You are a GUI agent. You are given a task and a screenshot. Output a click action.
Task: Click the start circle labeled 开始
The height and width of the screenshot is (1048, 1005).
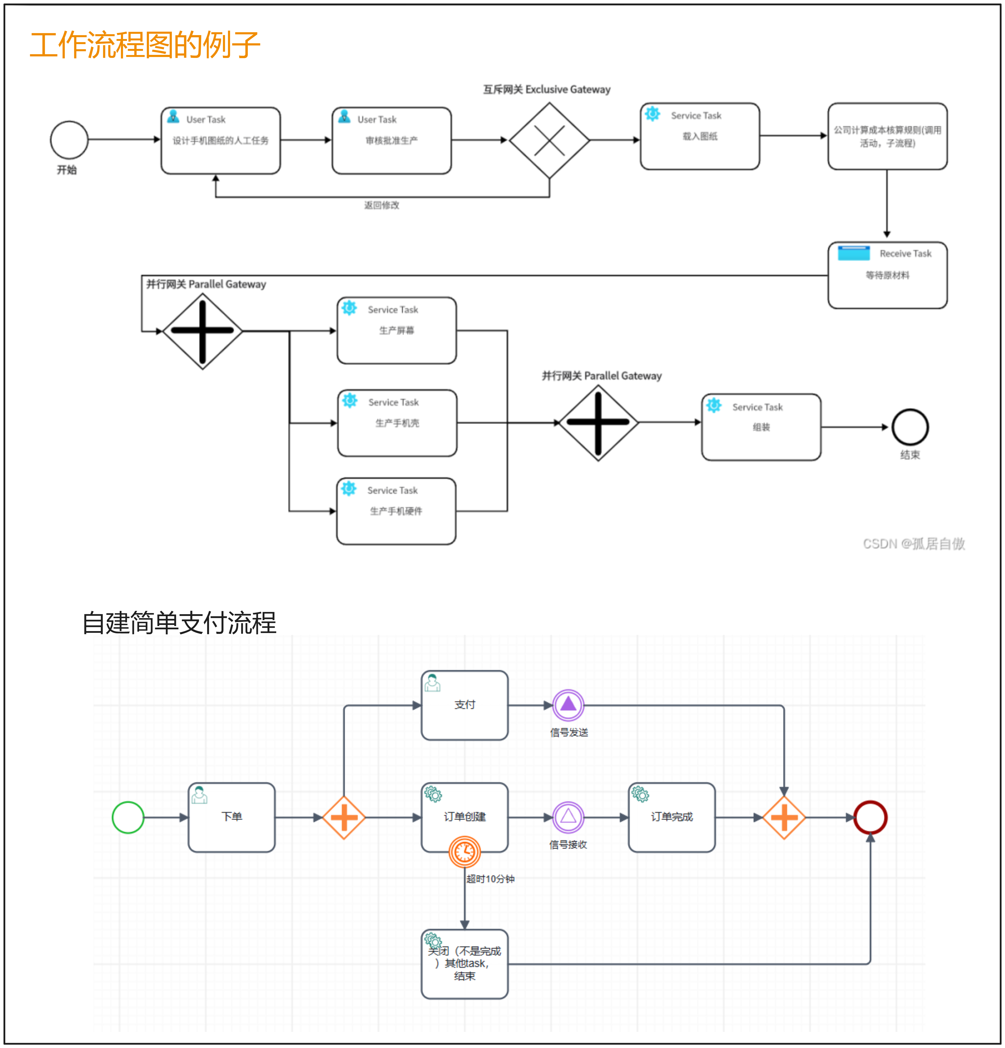tap(69, 140)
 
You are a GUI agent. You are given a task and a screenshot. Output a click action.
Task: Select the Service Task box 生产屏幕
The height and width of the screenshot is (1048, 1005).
tap(397, 330)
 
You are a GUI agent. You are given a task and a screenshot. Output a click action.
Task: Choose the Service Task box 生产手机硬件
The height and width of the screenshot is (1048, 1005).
tap(396, 511)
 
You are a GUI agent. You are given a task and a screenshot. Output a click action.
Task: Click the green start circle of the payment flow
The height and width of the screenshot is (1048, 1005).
tap(128, 817)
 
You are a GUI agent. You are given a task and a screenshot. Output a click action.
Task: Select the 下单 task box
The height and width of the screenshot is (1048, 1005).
tap(232, 817)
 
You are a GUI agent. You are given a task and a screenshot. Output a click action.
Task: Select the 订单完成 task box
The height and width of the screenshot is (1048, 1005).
tap(672, 817)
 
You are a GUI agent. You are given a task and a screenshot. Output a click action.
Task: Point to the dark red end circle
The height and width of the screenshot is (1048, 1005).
tap(870, 817)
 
